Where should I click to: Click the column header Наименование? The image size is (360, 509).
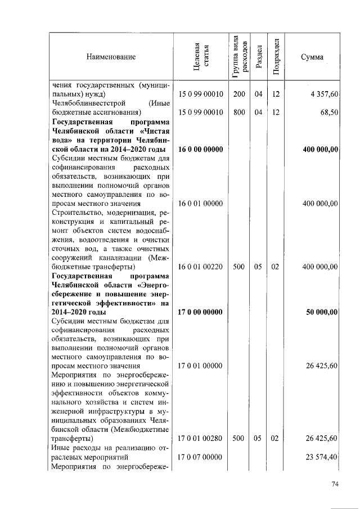111,57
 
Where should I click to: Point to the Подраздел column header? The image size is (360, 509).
276,57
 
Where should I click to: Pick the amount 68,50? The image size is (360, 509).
328,112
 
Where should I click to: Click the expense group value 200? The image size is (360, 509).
239,94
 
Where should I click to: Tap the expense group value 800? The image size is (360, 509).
239,112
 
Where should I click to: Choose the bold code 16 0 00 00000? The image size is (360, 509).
201,149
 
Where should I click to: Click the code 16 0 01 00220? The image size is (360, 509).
201,267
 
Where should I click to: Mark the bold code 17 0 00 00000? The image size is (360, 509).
201,312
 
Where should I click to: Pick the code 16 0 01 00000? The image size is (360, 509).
201,204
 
